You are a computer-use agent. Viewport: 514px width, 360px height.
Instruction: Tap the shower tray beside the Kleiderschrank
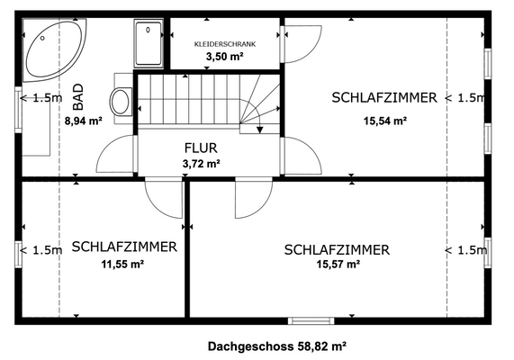(148, 43)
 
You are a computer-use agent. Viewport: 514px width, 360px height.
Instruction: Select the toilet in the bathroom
(121, 101)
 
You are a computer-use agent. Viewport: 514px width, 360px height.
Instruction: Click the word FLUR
(201, 148)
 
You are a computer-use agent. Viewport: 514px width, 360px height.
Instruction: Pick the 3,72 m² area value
(201, 163)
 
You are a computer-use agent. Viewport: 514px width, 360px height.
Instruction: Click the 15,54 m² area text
(384, 120)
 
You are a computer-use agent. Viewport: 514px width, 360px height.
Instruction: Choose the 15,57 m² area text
(338, 265)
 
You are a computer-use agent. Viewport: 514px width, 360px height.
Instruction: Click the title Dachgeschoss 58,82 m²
(277, 345)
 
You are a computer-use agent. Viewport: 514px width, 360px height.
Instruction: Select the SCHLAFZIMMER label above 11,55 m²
(124, 246)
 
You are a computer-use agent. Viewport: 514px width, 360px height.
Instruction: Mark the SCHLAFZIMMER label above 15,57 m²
(337, 249)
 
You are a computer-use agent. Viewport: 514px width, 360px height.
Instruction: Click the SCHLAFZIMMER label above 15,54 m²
(384, 97)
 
